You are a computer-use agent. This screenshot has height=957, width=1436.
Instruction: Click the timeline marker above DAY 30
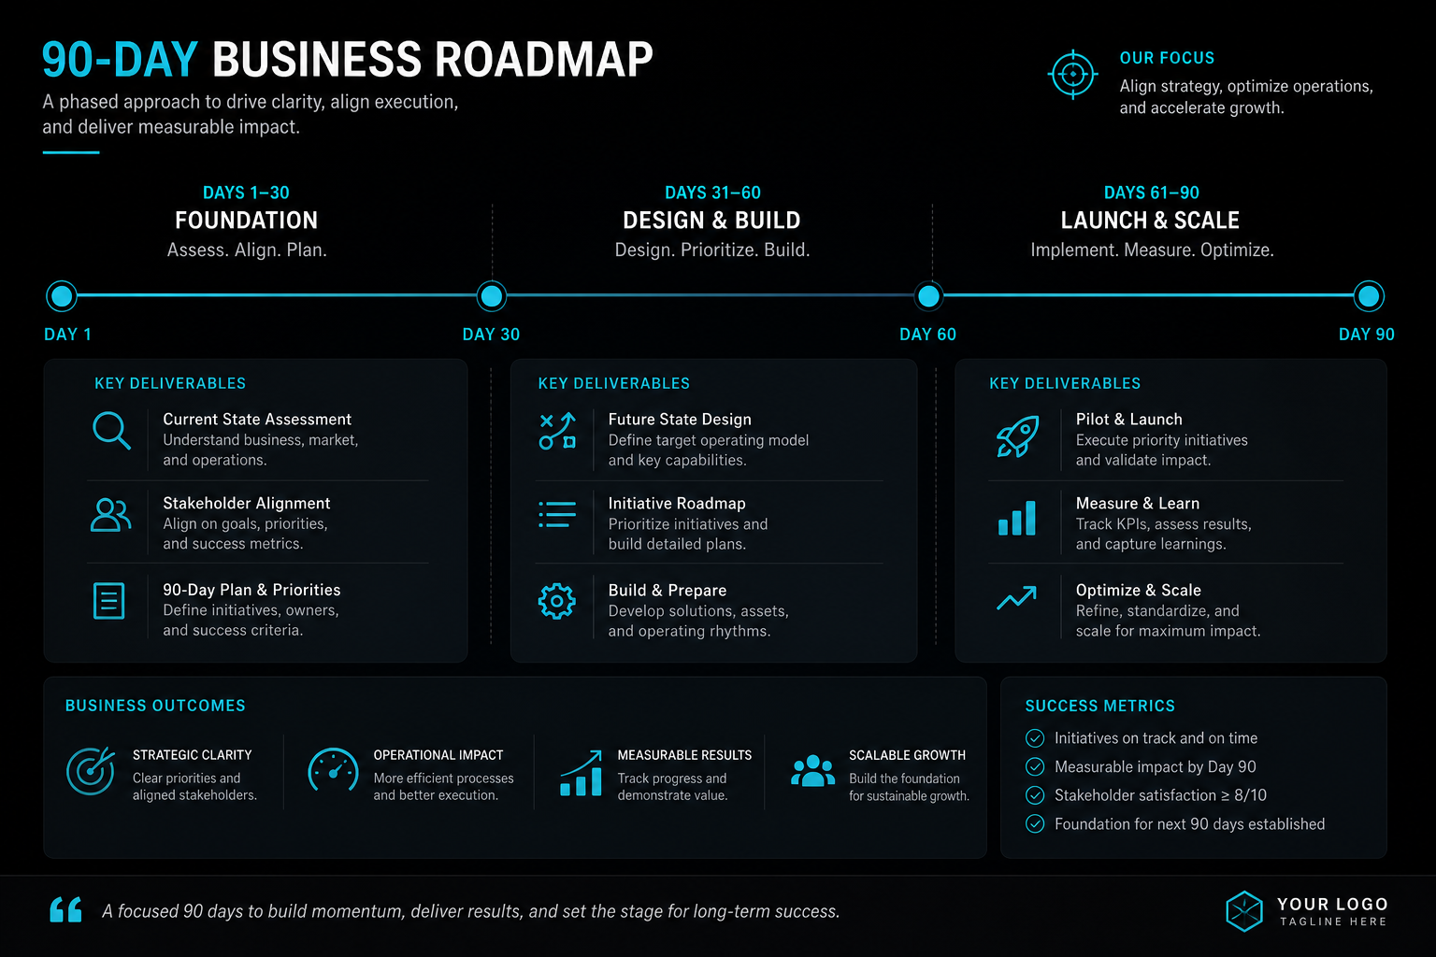pyautogui.click(x=492, y=296)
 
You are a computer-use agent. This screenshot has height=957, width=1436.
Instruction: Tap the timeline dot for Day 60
pyautogui.click(x=929, y=296)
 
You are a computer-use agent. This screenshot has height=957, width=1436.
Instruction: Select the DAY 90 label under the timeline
pyautogui.click(x=1366, y=334)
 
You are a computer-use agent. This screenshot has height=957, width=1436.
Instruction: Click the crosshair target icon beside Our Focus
pyautogui.click(x=1072, y=75)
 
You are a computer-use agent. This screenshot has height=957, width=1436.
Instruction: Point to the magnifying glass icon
pyautogui.click(x=111, y=430)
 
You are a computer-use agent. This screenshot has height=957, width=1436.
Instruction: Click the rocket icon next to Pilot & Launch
pyautogui.click(x=1017, y=436)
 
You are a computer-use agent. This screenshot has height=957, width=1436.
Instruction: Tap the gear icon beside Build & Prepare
pyautogui.click(x=556, y=601)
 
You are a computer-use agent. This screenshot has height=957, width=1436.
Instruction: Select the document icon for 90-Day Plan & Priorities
pyautogui.click(x=109, y=601)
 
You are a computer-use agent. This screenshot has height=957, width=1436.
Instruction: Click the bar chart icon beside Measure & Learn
pyautogui.click(x=1017, y=518)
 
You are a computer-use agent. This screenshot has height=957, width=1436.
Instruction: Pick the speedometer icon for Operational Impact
pyautogui.click(x=333, y=770)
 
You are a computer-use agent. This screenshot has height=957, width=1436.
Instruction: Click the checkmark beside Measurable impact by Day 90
pyautogui.click(x=1035, y=766)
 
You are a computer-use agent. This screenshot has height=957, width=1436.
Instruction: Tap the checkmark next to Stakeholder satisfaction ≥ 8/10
pyautogui.click(x=1035, y=795)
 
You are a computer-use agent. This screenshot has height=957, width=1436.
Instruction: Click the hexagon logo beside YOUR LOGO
pyautogui.click(x=1244, y=911)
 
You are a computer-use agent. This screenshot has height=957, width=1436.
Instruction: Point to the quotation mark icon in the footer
pyautogui.click(x=66, y=909)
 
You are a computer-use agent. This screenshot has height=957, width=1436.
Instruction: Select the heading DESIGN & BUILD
pyautogui.click(x=711, y=221)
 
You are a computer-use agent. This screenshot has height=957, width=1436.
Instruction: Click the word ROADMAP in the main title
pyautogui.click(x=543, y=60)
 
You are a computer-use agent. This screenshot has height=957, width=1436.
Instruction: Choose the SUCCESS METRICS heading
pyautogui.click(x=1100, y=706)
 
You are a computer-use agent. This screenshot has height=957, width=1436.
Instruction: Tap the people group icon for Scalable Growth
pyautogui.click(x=812, y=770)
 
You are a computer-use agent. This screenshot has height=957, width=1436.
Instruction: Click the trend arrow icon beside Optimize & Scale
pyautogui.click(x=1017, y=597)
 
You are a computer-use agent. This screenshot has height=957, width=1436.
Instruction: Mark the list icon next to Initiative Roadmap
pyautogui.click(x=557, y=514)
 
